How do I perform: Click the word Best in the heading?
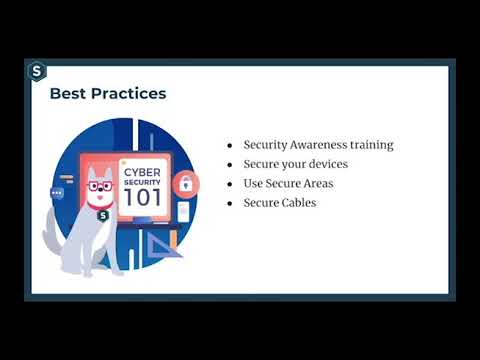(x=68, y=94)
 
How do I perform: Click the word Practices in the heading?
(x=127, y=94)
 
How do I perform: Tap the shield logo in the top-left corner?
(x=38, y=71)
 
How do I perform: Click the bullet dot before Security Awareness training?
(x=231, y=145)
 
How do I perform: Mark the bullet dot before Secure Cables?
(x=231, y=203)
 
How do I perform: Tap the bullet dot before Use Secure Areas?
(x=231, y=184)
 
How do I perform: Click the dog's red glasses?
(x=98, y=185)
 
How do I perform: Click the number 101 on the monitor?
(x=140, y=196)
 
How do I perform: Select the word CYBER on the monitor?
(x=140, y=169)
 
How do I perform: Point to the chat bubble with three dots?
(x=57, y=192)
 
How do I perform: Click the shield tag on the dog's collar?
(x=103, y=214)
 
